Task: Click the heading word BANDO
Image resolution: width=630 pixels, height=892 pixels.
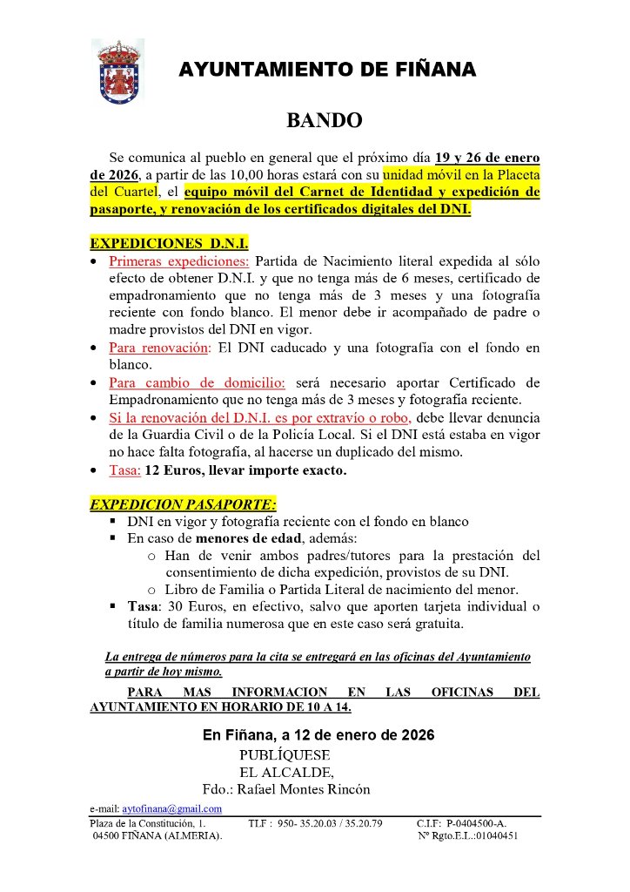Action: pos(325,120)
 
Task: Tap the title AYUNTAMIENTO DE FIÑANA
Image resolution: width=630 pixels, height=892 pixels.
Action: pos(327,71)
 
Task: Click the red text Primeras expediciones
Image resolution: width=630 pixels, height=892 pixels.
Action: pos(178,260)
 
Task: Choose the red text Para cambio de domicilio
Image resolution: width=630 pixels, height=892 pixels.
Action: pos(197,382)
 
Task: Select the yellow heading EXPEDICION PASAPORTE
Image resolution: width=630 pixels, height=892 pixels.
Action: pos(184,504)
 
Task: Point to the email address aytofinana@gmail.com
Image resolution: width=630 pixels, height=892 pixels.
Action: pos(171,808)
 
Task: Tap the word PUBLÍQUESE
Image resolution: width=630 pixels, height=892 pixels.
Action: pos(285,754)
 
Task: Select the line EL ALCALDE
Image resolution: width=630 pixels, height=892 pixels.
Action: pos(286,772)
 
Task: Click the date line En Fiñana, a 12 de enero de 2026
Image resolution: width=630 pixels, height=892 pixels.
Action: pos(318,735)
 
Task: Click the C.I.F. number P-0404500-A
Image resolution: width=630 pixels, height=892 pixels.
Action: pos(476,823)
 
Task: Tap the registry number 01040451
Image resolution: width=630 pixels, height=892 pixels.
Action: pos(493,835)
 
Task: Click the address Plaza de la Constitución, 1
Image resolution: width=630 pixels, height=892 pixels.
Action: pos(149,823)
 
